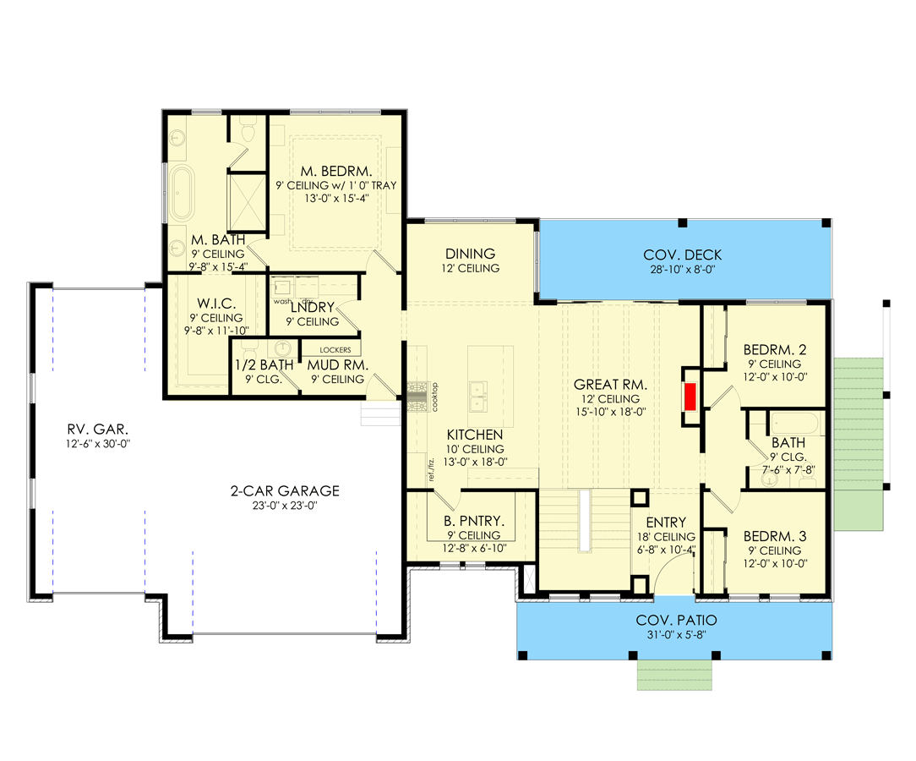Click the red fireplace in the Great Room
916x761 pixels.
pyautogui.click(x=690, y=397)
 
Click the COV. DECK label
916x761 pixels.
pyautogui.click(x=682, y=255)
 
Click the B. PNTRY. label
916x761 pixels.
pyautogui.click(x=473, y=521)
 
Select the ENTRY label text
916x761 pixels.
pyautogui.click(x=666, y=523)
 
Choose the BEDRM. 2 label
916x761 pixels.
pyautogui.click(x=776, y=349)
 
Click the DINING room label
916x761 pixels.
pyautogui.click(x=469, y=254)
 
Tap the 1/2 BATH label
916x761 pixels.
pyautogui.click(x=264, y=365)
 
